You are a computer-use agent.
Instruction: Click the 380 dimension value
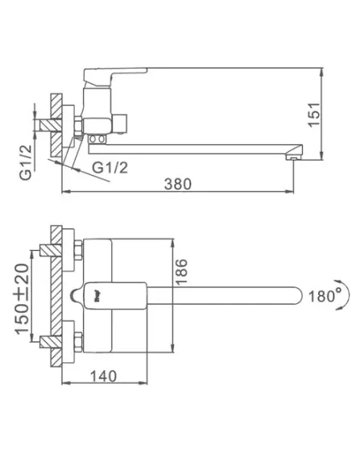click(177, 184)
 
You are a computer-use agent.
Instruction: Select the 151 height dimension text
click(314, 115)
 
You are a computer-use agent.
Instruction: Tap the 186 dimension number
click(181, 272)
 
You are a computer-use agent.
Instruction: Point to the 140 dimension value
click(103, 376)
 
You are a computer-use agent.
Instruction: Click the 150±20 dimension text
click(23, 299)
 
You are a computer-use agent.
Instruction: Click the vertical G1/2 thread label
click(26, 162)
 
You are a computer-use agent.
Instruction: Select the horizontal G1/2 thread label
click(110, 168)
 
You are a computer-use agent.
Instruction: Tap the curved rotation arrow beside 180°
click(345, 294)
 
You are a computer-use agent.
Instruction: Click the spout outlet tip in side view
click(293, 156)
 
